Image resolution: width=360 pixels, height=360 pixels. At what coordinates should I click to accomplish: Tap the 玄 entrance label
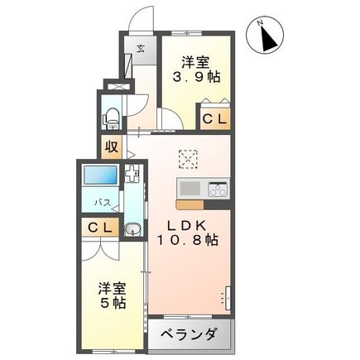click(x=142, y=48)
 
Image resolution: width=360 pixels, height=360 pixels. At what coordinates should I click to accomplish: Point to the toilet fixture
click(x=109, y=117)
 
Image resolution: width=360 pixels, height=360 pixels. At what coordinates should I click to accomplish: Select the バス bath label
click(x=102, y=202)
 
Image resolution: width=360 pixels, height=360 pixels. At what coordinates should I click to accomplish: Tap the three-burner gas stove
click(x=216, y=188)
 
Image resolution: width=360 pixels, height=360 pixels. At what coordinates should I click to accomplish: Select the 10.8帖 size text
click(x=189, y=241)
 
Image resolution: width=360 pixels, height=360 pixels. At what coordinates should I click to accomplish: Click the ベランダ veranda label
click(x=189, y=334)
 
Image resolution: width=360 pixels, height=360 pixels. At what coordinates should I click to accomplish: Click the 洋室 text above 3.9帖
click(x=194, y=60)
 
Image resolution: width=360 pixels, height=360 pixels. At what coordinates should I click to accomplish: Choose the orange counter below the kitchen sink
click(x=190, y=203)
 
